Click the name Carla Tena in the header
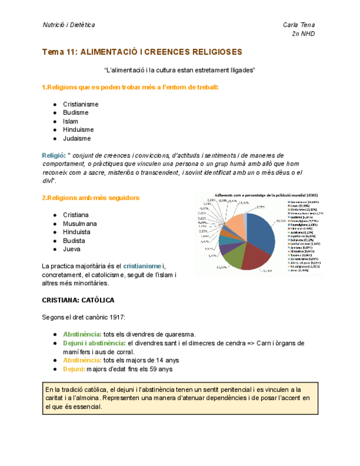click(x=298, y=25)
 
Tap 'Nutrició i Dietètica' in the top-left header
click(x=68, y=25)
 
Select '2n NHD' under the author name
click(x=303, y=34)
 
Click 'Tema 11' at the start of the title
click(x=59, y=52)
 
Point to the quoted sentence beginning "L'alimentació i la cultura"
click(x=180, y=71)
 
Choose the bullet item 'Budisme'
click(x=75, y=113)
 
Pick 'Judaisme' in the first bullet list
click(x=76, y=138)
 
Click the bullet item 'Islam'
click(x=70, y=121)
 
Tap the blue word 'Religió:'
click(x=54, y=156)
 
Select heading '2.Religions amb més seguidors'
click(x=91, y=198)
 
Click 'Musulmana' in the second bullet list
click(x=80, y=224)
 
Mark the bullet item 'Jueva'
click(x=72, y=249)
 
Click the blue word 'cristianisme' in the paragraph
click(x=142, y=267)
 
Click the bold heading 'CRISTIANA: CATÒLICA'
click(x=78, y=301)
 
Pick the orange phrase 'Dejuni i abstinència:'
click(x=94, y=343)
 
